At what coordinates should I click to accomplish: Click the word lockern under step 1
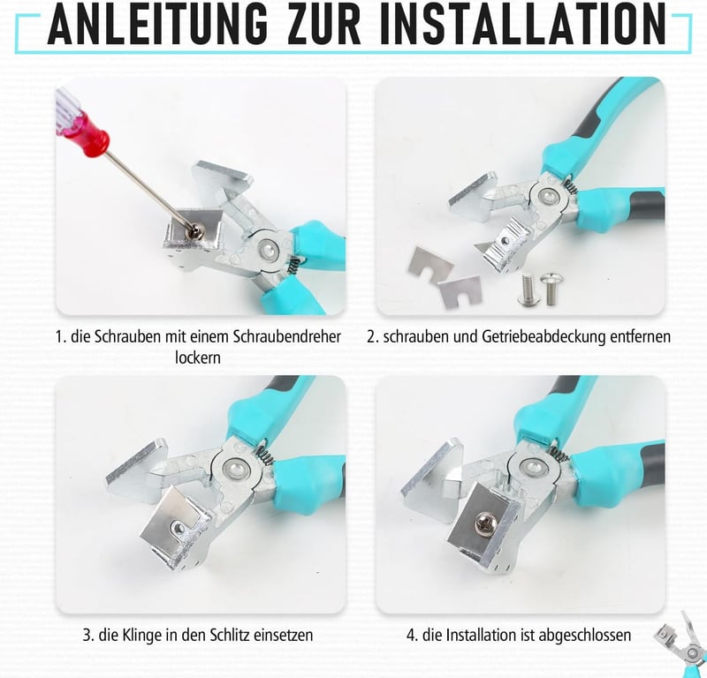point(198,358)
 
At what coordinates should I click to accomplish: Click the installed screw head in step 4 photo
point(486,522)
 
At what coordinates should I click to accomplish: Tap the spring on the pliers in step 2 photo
point(569,185)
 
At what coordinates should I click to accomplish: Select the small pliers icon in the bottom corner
point(680,644)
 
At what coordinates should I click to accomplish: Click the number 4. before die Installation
point(412,636)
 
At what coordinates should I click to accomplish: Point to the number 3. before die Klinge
point(88,636)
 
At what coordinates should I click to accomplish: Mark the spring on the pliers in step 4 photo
point(558,454)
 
